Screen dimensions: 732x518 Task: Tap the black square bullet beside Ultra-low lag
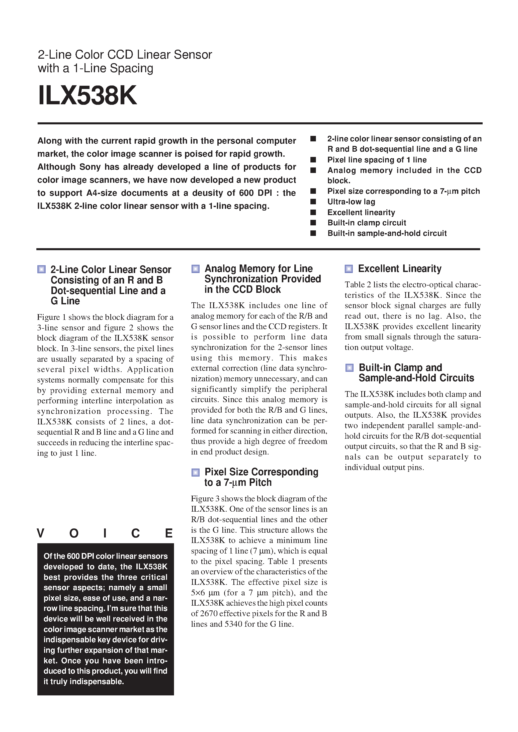coord(313,202)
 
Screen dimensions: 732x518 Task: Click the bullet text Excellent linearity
coord(361,212)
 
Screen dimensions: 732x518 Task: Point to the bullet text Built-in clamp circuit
coord(367,223)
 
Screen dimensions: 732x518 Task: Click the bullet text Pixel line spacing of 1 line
coord(377,160)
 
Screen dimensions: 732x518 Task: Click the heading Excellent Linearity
coord(400,268)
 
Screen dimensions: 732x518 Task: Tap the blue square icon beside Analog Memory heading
coord(195,269)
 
